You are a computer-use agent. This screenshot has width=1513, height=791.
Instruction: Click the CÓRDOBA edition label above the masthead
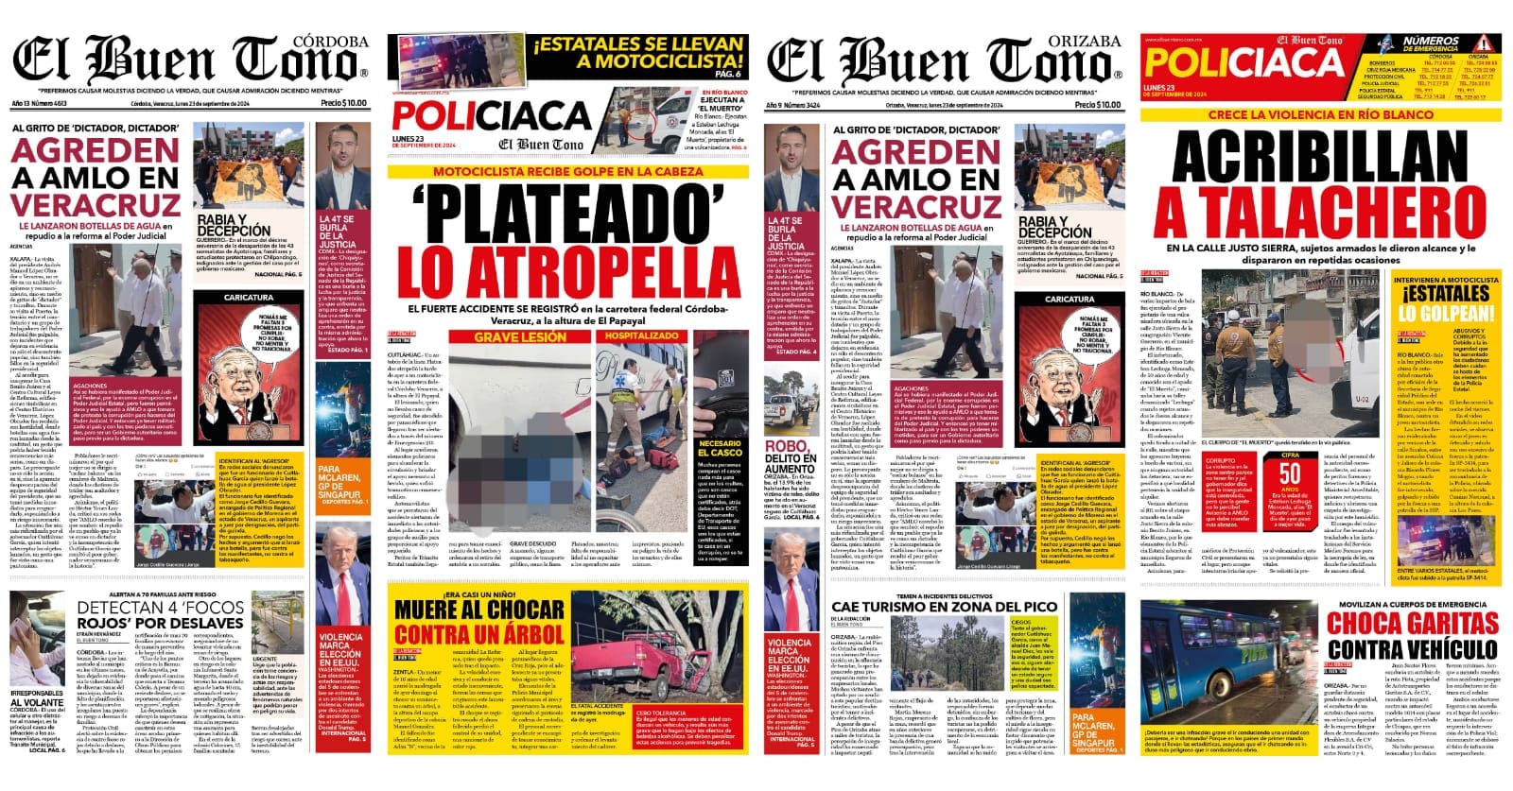point(330,42)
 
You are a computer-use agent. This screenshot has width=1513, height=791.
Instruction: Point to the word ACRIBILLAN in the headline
point(1319,163)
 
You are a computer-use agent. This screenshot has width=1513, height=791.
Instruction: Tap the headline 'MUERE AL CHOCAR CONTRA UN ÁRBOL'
point(478,621)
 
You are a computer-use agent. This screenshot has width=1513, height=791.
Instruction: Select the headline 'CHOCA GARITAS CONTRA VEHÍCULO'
point(1412,635)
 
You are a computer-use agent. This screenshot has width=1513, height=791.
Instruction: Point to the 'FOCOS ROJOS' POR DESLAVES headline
point(159,615)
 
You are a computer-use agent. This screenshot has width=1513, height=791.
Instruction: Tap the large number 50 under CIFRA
point(1290,473)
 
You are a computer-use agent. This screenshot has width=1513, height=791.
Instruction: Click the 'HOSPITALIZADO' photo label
point(641,336)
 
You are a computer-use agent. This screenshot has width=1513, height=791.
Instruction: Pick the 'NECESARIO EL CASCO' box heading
point(720,448)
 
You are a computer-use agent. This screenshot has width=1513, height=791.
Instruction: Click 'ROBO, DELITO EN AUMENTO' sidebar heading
point(791,458)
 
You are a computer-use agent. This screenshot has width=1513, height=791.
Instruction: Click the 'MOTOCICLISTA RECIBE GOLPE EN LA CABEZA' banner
point(567,172)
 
